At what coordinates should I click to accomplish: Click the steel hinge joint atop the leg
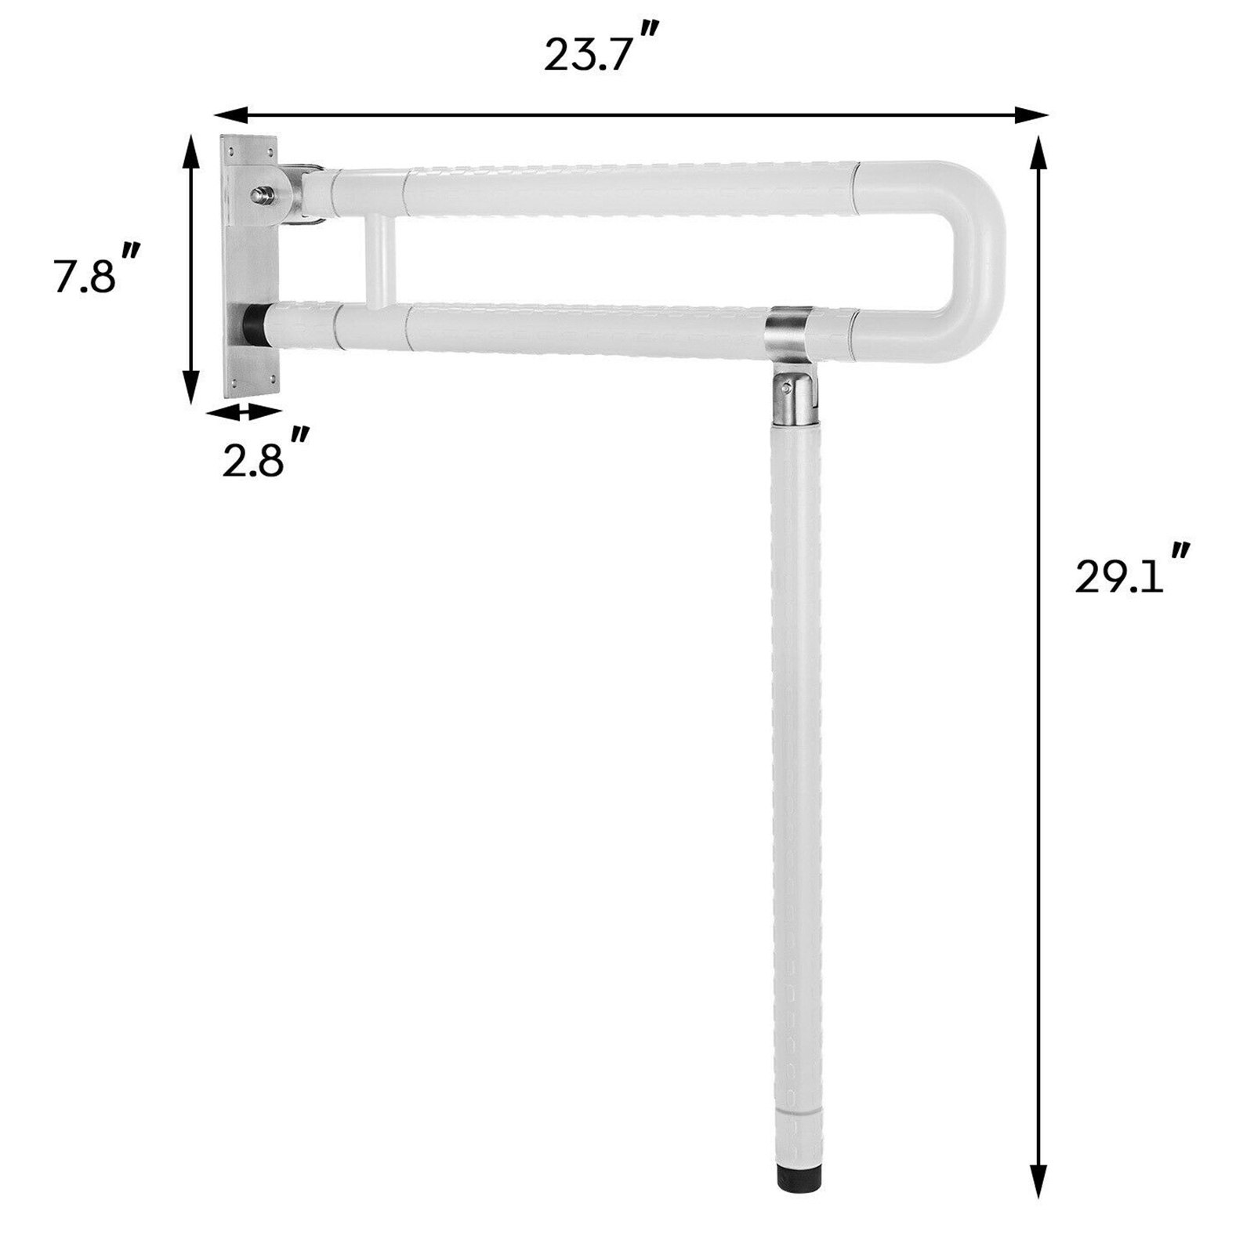(x=792, y=397)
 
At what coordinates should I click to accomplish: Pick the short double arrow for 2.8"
(x=244, y=411)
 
